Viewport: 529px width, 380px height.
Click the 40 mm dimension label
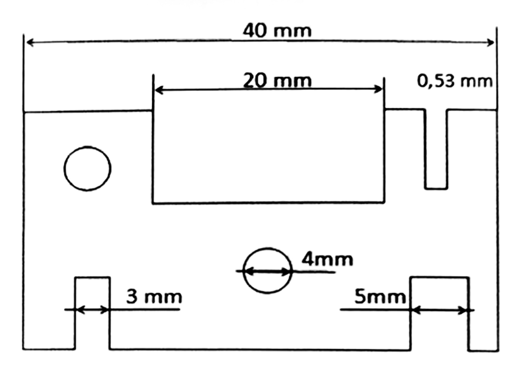pos(277,30)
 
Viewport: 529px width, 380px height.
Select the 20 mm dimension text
pos(277,80)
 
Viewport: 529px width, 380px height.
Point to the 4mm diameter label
pos(327,259)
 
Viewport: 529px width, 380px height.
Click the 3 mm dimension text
pos(153,296)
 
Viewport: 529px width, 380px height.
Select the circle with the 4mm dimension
pos(268,270)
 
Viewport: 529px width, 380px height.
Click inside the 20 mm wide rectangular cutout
pos(268,153)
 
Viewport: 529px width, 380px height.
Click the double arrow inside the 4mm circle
pos(268,272)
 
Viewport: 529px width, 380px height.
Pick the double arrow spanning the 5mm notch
pos(440,310)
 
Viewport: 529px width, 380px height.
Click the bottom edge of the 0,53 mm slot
pos(436,188)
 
